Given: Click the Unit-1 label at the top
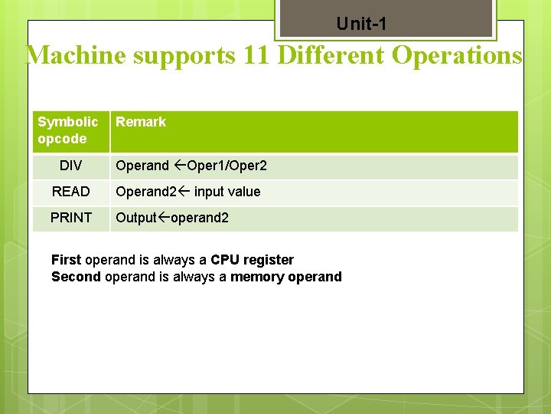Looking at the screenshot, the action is click(x=361, y=25).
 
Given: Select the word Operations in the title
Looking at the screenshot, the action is click(x=456, y=56).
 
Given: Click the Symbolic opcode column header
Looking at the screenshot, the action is click(x=67, y=130).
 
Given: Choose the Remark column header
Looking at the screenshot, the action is click(x=141, y=122).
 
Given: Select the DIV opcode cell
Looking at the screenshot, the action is click(x=70, y=166).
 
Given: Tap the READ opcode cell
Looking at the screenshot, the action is click(x=70, y=192).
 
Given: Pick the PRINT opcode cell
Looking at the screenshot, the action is click(x=70, y=218).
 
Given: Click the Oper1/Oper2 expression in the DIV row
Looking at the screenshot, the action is click(x=227, y=166).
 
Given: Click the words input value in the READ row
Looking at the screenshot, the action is click(x=227, y=192).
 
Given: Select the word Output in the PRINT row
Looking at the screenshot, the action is click(x=135, y=218).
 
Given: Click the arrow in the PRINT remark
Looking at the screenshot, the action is click(x=163, y=218).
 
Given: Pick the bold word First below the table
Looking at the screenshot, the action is click(x=67, y=260).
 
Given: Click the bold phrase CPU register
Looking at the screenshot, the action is click(x=252, y=260).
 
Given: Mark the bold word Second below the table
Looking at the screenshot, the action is click(x=76, y=277).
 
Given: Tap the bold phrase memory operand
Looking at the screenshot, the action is click(x=286, y=277).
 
